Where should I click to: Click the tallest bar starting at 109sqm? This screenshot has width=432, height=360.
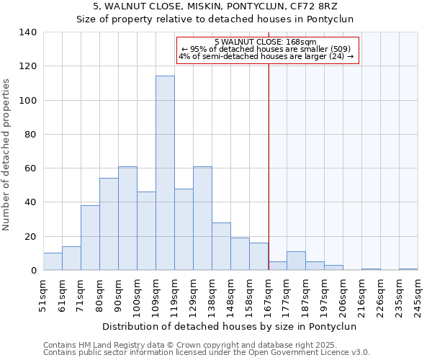[165, 173]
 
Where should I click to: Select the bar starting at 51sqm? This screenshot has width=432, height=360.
[53, 261]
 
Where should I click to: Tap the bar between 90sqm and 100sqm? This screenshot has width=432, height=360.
[127, 218]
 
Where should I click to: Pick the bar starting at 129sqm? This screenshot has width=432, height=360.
[202, 218]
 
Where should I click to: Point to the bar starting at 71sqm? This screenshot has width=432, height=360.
[90, 238]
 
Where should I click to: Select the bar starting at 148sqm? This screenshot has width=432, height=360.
[240, 253]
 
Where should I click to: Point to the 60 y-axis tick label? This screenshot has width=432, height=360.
[31, 168]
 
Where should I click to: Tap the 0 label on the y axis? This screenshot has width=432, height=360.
[34, 271]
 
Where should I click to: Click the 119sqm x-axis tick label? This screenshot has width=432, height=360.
[174, 296]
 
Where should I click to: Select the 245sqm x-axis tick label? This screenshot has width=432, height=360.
[418, 296]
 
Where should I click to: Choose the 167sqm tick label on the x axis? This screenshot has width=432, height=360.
[268, 296]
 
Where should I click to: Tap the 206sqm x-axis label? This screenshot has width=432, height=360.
[343, 296]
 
